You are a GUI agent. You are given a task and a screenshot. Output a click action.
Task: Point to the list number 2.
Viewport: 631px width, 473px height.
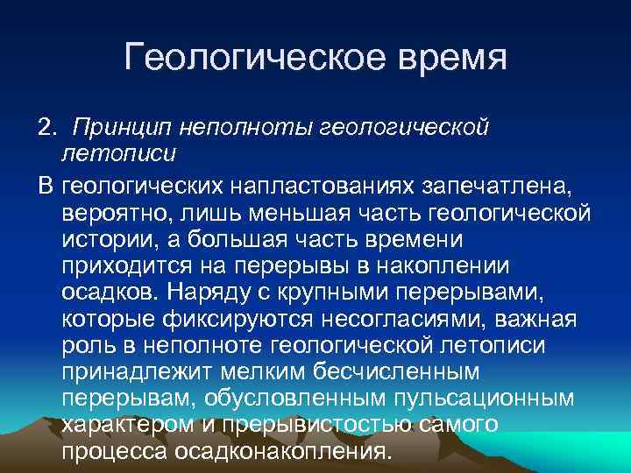point(46,130)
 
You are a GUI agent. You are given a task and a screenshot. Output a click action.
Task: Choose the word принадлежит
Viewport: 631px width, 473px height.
point(134,372)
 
